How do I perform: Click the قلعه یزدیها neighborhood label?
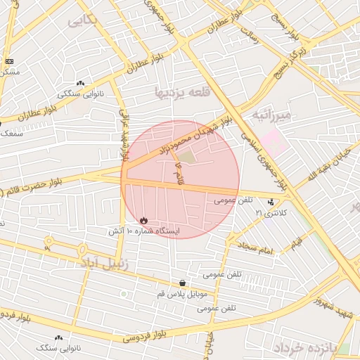click(x=172, y=92)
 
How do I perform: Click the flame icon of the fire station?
click(x=144, y=220)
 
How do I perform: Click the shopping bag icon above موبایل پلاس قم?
click(x=183, y=283)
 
